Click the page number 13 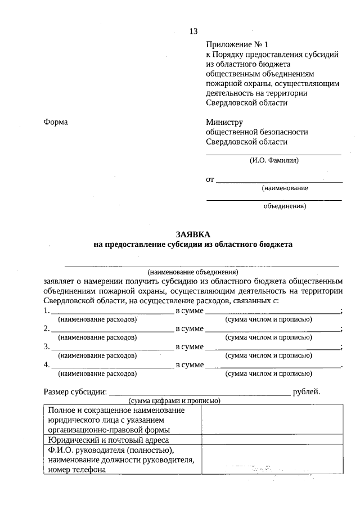point(193,31)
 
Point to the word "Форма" point(56,122)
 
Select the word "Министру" point(224,122)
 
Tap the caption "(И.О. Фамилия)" point(274,160)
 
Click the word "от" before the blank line point(210,179)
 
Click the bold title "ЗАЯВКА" point(193,234)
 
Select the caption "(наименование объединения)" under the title point(193,271)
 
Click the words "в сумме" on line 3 point(190,347)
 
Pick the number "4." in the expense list point(47,365)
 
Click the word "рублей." point(307,391)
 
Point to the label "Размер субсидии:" point(75,391)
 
